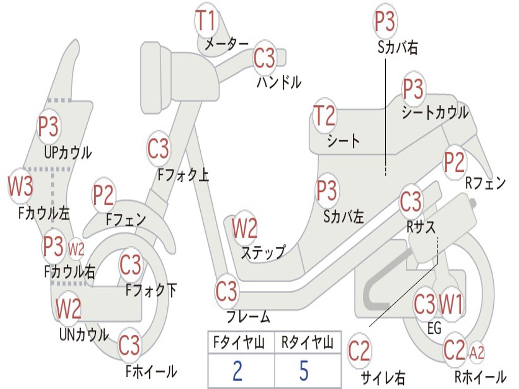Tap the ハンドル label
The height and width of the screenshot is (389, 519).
click(279, 82)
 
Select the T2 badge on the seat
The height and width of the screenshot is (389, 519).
click(324, 115)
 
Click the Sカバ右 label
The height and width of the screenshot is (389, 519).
click(398, 48)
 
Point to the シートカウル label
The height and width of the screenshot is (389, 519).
click(435, 113)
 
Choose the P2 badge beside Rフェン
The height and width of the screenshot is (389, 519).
click(454, 162)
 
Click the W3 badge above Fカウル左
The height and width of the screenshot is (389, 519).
click(20, 186)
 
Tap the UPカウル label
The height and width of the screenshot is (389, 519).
click(68, 152)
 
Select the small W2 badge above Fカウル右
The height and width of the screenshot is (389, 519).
click(76, 249)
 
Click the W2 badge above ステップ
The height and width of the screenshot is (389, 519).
click(244, 228)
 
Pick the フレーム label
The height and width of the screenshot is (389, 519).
click(248, 318)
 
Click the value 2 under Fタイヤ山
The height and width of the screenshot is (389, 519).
click(237, 371)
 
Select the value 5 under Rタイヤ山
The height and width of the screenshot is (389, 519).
click(304, 371)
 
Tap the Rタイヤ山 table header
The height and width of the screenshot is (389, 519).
click(307, 344)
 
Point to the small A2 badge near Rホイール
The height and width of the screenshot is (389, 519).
click(477, 352)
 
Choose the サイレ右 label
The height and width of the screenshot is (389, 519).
click(383, 377)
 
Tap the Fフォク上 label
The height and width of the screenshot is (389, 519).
click(183, 175)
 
